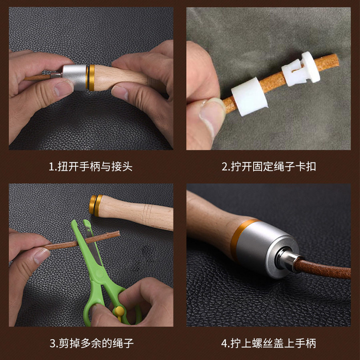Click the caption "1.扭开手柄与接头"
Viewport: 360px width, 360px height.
pos(90,166)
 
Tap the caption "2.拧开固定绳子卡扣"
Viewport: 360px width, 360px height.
pos(269,166)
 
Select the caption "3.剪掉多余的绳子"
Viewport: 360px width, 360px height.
pos(92,343)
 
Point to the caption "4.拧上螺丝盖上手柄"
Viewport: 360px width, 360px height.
pos(269,343)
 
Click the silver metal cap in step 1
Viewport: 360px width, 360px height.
pos(74,77)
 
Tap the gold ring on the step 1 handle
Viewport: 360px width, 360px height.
pos(91,78)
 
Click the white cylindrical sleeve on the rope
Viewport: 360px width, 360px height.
pos(249,96)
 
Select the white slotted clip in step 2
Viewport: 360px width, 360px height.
pos(301,69)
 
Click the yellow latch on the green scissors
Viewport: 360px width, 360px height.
pos(119,312)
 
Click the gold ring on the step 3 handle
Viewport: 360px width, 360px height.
pos(96,206)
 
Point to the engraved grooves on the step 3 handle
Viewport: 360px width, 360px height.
pos(147,215)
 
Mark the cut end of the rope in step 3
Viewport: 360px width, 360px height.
pos(118,234)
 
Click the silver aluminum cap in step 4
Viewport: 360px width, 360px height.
pos(264,248)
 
